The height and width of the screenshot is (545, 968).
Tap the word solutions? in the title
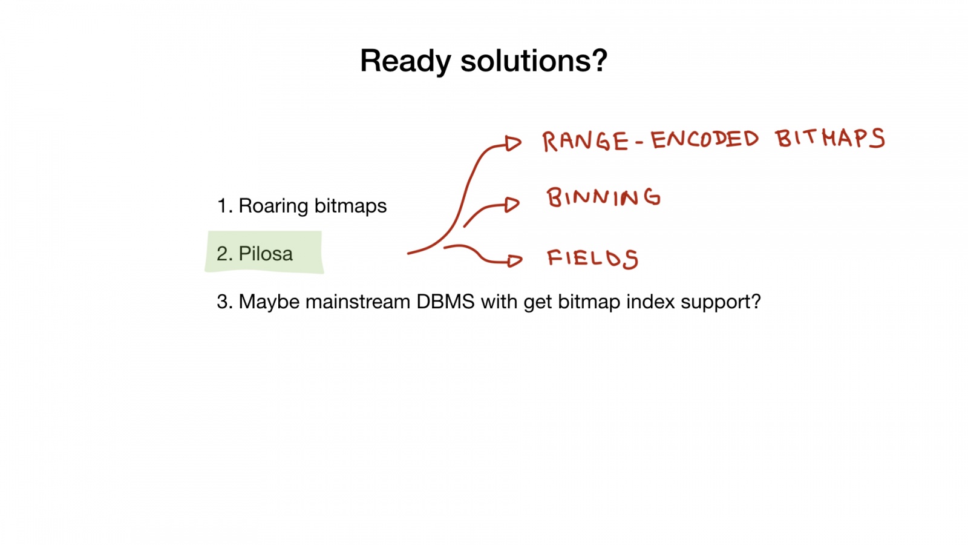click(534, 62)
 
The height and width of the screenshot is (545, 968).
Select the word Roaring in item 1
click(273, 206)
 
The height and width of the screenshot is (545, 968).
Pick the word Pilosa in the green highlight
click(266, 254)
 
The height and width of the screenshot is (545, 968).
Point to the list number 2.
click(223, 254)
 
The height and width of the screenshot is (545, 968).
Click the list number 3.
click(223, 302)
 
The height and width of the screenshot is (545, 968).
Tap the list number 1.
click(223, 206)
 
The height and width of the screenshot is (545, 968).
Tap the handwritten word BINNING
click(603, 198)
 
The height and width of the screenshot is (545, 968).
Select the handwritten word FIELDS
click(592, 259)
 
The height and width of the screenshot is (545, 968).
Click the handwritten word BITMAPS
click(829, 139)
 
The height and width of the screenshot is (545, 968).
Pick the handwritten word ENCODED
click(704, 140)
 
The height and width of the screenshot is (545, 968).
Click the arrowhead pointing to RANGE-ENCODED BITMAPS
click(513, 144)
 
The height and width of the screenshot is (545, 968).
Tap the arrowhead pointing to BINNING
click(512, 205)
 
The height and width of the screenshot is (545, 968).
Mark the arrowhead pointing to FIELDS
click(514, 260)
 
